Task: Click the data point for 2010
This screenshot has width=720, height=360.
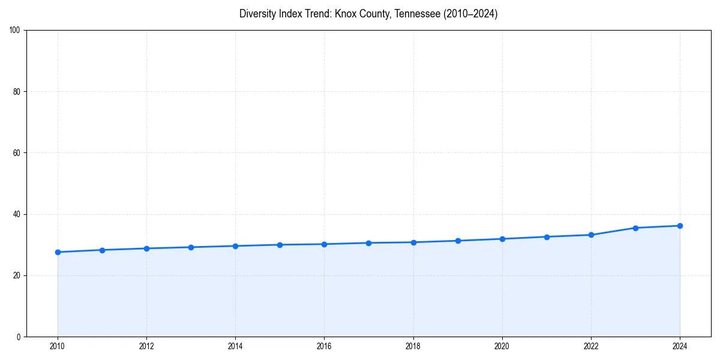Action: click(x=58, y=252)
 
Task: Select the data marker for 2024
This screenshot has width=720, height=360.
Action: click(x=680, y=226)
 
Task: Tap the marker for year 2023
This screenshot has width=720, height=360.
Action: click(x=635, y=228)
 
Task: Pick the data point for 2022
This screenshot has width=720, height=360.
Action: click(x=591, y=235)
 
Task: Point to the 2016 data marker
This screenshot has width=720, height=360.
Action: click(x=324, y=244)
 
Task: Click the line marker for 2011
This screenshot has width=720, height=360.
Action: click(x=102, y=250)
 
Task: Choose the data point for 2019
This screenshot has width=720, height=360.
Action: click(x=458, y=241)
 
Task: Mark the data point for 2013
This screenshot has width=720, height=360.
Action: click(x=191, y=247)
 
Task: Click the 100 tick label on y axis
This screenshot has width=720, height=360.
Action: click(x=15, y=31)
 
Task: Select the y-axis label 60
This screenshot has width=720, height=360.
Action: click(x=17, y=153)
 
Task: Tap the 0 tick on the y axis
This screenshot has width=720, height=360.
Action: click(x=19, y=337)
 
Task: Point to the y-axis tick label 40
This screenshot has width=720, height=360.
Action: click(x=17, y=214)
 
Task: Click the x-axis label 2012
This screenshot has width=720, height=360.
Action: click(x=146, y=346)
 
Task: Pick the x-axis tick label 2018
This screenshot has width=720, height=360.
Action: click(x=413, y=346)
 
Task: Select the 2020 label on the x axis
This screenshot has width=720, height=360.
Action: click(x=502, y=346)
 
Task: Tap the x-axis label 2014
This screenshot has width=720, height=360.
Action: click(x=235, y=346)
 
